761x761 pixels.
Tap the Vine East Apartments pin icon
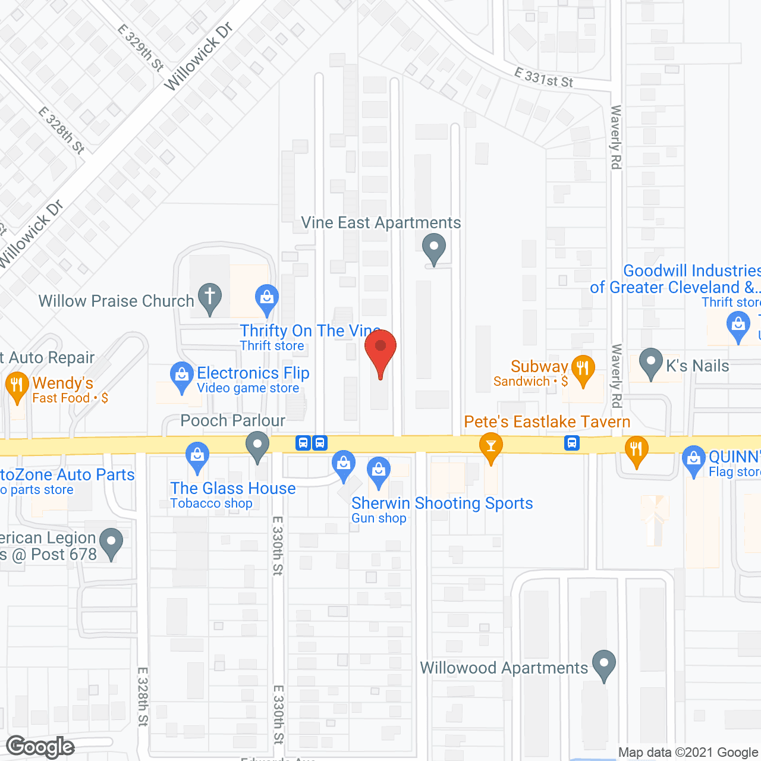434,248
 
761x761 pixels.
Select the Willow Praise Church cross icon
209,297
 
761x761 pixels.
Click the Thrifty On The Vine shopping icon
267,297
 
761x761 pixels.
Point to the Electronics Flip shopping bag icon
181,376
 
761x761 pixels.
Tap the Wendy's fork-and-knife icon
17,385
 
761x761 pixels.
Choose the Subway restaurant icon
583,369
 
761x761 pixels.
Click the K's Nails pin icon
651,362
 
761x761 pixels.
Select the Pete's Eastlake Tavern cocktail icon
491,446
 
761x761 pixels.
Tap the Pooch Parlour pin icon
257,446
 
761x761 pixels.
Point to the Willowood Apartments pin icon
604,664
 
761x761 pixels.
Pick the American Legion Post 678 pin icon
111,542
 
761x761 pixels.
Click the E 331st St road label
543,78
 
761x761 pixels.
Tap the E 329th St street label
140,48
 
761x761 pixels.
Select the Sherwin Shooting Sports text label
442,503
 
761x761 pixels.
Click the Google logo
40,747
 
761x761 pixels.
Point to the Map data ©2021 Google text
688,753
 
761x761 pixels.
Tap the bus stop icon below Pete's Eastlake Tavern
572,443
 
